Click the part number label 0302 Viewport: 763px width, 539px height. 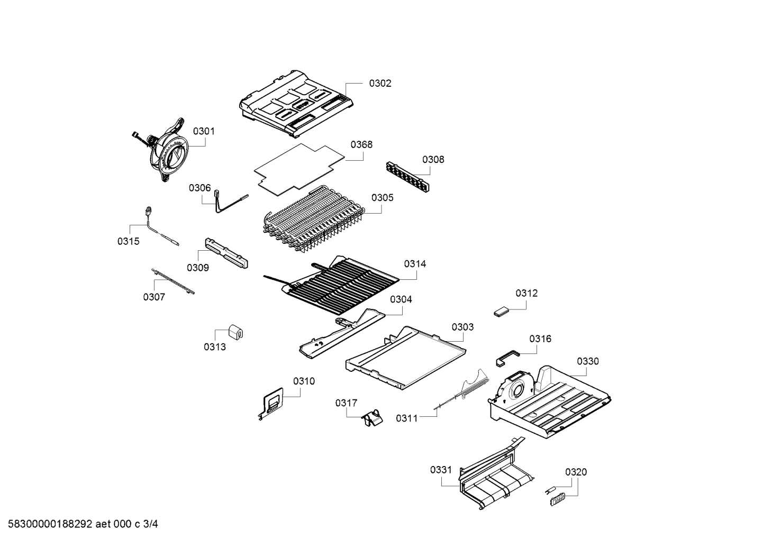(380, 83)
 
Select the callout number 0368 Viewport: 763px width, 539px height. (361, 144)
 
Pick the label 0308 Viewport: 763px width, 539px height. (433, 159)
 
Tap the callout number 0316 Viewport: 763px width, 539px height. (540, 339)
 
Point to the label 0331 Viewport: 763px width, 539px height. (441, 470)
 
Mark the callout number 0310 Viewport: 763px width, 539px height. (304, 381)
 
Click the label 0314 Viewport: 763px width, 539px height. (415, 263)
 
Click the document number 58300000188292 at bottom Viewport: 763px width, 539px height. (50, 524)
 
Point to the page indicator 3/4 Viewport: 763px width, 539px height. (150, 524)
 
